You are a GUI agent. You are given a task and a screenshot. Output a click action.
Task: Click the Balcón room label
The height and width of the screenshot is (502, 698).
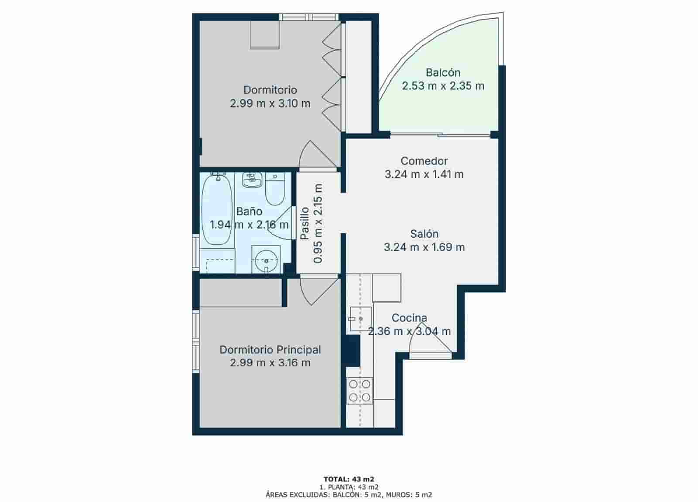pyautogui.click(x=443, y=72)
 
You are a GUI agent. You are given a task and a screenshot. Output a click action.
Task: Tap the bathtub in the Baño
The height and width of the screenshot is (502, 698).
pyautogui.click(x=217, y=209)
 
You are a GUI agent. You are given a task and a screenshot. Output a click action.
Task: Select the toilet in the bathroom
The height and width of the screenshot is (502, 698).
pyautogui.click(x=275, y=190)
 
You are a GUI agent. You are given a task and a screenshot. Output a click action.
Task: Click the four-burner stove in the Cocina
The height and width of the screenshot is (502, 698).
pyautogui.click(x=359, y=390)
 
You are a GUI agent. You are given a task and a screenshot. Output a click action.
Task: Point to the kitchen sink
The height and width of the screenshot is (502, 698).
pyautogui.click(x=360, y=319)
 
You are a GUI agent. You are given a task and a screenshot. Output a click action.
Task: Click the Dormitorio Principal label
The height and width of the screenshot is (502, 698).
pyautogui.click(x=270, y=349)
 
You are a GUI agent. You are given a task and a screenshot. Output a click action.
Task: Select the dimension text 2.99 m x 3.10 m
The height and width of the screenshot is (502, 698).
pyautogui.click(x=270, y=103)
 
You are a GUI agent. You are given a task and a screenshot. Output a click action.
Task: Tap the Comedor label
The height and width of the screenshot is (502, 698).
pyautogui.click(x=424, y=161)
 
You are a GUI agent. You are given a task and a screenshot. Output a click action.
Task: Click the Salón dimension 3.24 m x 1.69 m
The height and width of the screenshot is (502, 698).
pyautogui.click(x=424, y=247)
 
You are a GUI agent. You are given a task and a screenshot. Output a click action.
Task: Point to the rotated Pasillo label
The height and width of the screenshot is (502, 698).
pyautogui.click(x=305, y=223)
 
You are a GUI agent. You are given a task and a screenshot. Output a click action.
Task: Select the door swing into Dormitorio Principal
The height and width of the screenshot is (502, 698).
pyautogui.click(x=318, y=291)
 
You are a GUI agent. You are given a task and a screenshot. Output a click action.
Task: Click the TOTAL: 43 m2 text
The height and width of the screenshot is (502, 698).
pyautogui.click(x=349, y=479)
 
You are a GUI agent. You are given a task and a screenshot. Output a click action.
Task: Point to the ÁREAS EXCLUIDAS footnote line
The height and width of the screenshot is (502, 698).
pyautogui.click(x=349, y=495)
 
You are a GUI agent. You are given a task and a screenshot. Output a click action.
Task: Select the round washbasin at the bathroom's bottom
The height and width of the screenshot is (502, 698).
pyautogui.click(x=266, y=260)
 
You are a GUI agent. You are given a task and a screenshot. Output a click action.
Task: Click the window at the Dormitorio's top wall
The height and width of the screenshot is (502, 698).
pyautogui.click(x=309, y=17)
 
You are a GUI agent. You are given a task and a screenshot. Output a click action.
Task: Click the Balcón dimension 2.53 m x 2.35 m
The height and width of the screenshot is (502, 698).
pyautogui.click(x=443, y=85)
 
